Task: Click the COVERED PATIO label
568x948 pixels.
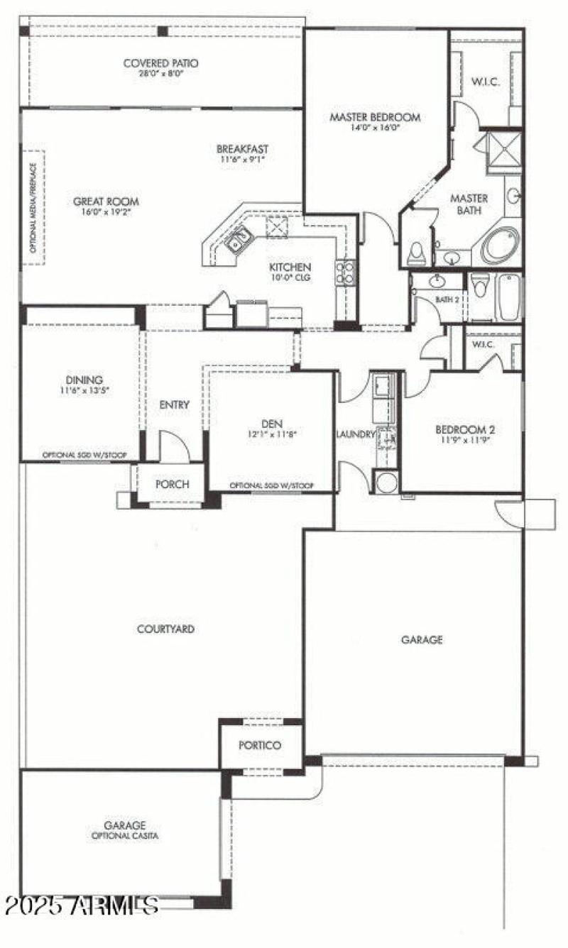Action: click(160, 62)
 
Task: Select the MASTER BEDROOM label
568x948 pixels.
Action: click(375, 117)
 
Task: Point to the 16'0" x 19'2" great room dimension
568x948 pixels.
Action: click(106, 211)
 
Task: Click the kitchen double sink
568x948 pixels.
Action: click(238, 239)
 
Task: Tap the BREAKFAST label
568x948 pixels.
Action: click(242, 149)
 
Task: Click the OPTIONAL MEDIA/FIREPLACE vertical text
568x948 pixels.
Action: click(33, 206)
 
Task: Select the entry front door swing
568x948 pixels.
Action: click(173, 446)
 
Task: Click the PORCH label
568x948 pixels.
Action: click(172, 484)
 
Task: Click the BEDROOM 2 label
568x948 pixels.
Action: click(464, 429)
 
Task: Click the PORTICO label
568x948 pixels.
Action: click(260, 745)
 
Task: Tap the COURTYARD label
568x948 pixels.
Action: click(165, 629)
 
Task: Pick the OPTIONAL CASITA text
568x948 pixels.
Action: click(125, 836)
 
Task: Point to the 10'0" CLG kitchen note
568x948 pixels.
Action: click(290, 277)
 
